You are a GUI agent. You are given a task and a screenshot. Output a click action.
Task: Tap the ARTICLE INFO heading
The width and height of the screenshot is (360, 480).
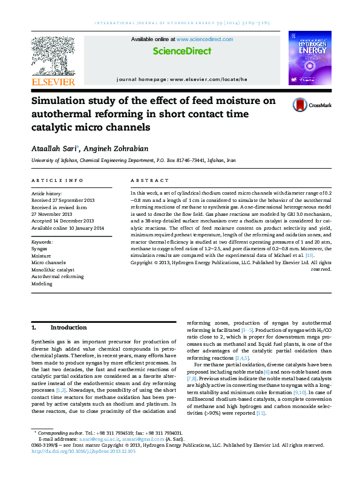coord(57,181)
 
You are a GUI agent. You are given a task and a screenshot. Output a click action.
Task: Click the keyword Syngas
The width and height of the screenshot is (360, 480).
coord(39,248)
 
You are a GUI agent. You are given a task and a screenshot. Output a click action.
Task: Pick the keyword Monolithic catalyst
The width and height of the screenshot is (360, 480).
coord(53,269)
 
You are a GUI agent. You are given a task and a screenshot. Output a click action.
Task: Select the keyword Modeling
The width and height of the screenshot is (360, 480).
coord(42,283)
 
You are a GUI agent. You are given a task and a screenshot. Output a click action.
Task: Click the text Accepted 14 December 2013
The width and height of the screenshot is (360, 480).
coord(62,221)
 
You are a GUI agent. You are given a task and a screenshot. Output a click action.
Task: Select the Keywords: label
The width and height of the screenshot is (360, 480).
coord(42,241)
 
